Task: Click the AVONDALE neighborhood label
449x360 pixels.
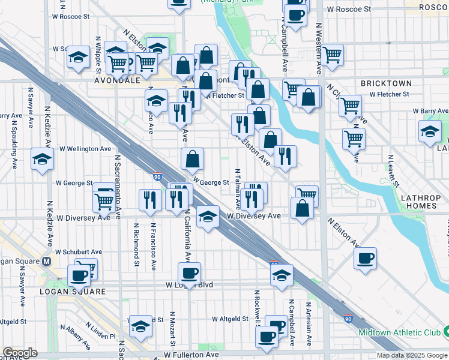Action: click(117, 79)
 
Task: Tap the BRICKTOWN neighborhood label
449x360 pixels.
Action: click(386, 83)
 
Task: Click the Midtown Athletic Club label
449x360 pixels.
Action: click(399, 332)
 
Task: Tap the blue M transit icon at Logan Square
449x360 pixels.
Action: click(47, 261)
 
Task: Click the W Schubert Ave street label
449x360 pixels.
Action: click(79, 252)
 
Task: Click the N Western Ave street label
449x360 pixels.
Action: click(319, 45)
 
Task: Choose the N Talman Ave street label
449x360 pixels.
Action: click(238, 185)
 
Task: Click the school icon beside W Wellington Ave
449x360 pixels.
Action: click(43, 158)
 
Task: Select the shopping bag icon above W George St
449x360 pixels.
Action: click(193, 159)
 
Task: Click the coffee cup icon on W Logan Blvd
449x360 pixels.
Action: click(190, 274)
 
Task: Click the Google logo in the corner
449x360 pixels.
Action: click(20, 353)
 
